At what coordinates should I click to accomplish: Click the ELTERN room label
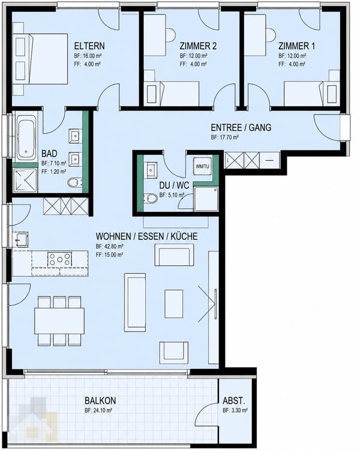tap(89, 46)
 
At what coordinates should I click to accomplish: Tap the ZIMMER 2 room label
tap(198, 46)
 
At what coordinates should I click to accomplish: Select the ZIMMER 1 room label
tap(296, 46)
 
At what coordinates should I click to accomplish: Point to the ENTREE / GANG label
tap(241, 127)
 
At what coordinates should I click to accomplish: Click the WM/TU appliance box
tap(202, 166)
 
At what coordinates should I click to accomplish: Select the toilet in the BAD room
tap(76, 182)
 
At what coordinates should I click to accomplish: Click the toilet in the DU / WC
tap(150, 199)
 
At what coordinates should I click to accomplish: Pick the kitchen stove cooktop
tap(60, 259)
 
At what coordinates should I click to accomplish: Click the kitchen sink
tap(20, 239)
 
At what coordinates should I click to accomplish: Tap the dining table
tap(59, 321)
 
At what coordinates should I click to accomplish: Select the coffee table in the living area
tap(173, 304)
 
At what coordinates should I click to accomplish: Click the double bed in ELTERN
tap(40, 59)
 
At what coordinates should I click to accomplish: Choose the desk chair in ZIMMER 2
tap(170, 35)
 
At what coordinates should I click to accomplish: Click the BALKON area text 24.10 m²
tap(98, 410)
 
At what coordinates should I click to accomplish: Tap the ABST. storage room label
tap(233, 401)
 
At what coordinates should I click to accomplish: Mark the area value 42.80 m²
tap(109, 246)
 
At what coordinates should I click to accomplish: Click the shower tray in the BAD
tap(26, 181)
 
